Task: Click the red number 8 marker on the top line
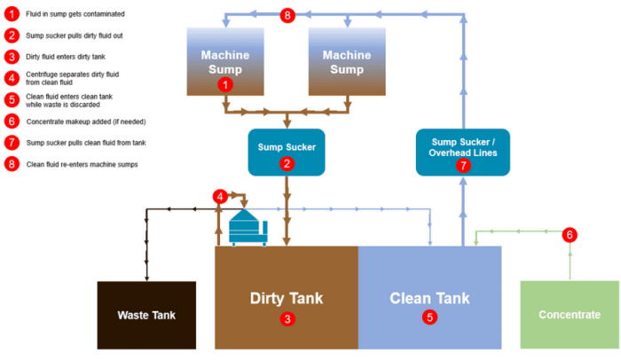(x=287, y=15)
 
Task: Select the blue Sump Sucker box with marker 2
(x=287, y=151)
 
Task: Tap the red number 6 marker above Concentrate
(x=570, y=235)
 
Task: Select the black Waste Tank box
(x=146, y=315)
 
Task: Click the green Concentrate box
(x=568, y=315)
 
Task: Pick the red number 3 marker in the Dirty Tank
(x=286, y=317)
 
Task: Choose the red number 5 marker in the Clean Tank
(x=429, y=317)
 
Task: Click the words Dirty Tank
(x=286, y=298)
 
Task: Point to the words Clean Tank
(x=429, y=298)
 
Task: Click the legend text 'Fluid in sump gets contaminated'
(x=75, y=14)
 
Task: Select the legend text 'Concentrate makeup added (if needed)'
(x=83, y=121)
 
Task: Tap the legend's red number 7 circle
(x=12, y=142)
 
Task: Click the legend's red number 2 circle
(x=12, y=35)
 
